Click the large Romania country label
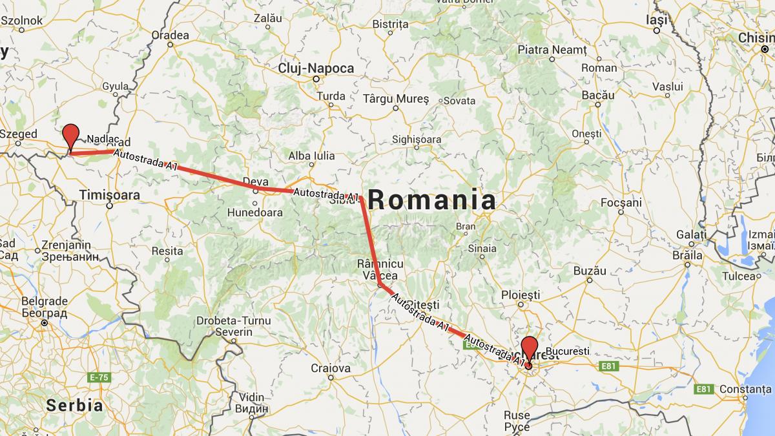tap(432, 200)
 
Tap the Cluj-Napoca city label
tap(316, 68)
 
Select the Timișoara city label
tap(108, 194)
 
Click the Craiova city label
tap(330, 368)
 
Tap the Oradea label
tap(170, 35)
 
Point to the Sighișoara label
tap(417, 140)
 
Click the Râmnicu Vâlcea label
tap(380, 270)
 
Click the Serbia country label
tap(74, 406)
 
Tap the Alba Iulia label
tap(311, 156)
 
